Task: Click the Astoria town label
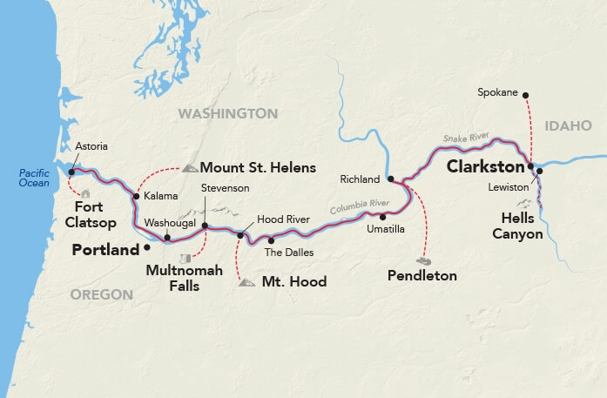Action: click(92, 146)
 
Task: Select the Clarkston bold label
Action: click(486, 165)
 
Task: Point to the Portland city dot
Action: click(146, 247)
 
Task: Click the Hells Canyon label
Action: click(523, 226)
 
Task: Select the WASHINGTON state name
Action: click(227, 114)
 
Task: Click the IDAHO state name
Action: click(567, 126)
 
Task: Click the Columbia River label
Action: click(359, 207)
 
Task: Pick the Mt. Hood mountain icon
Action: click(247, 282)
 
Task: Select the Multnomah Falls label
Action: click(185, 278)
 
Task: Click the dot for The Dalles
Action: click(270, 240)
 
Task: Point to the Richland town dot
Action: click(391, 179)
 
